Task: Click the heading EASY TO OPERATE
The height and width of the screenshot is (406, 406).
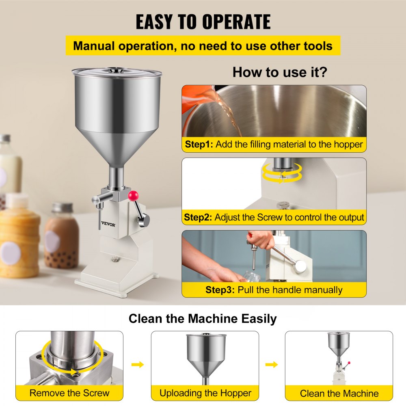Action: [203, 22]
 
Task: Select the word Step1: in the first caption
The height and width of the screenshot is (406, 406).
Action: [199, 144]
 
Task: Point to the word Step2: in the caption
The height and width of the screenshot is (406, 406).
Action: [198, 217]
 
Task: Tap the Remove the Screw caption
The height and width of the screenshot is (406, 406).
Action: [69, 393]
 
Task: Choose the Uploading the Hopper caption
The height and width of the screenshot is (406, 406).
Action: [205, 393]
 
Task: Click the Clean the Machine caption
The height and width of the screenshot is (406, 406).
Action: [339, 393]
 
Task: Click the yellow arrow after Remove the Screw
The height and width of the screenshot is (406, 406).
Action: [138, 365]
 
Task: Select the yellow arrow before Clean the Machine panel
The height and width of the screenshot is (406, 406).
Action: [272, 365]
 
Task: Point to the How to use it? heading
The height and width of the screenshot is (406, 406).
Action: [280, 72]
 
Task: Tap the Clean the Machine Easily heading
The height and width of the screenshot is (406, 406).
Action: [203, 319]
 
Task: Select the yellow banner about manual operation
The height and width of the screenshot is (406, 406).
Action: [203, 45]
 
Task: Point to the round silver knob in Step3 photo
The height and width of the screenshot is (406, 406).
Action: [300, 266]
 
